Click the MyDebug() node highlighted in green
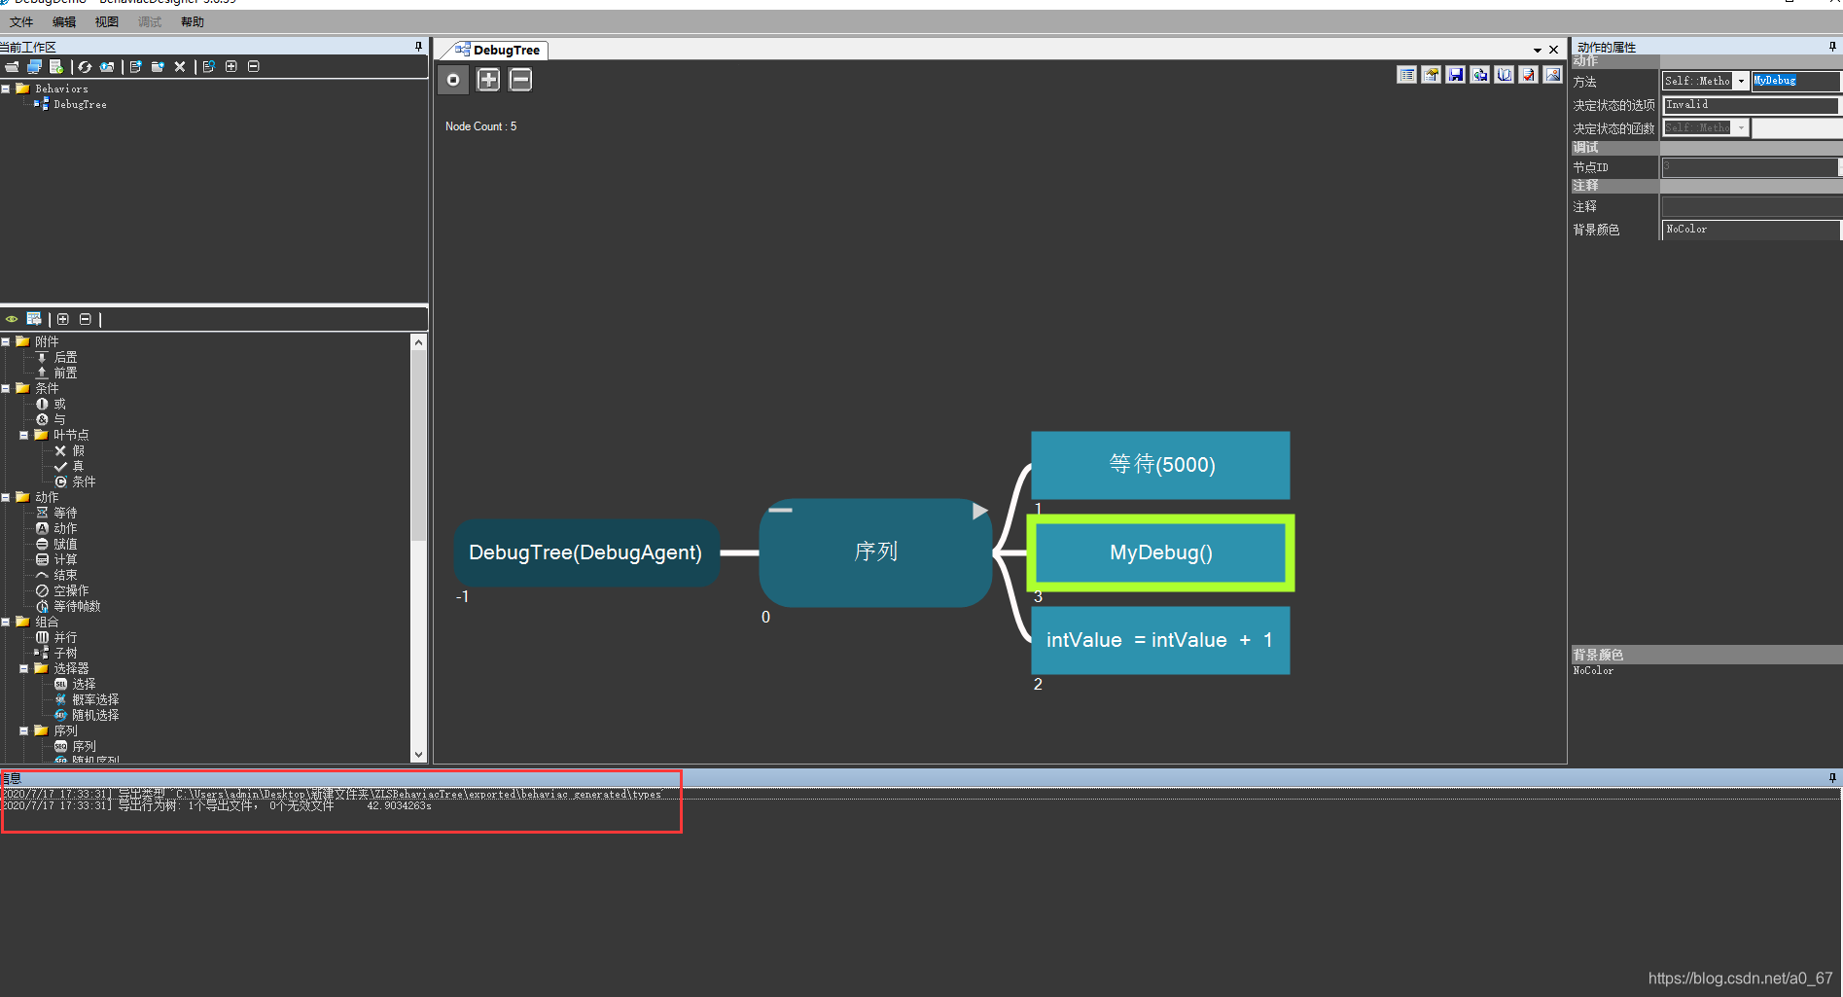point(1160,552)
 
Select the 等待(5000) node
point(1160,465)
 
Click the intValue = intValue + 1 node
point(1160,640)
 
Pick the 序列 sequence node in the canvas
point(875,552)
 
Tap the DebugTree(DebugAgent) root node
point(585,552)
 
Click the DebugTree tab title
point(506,51)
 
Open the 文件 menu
point(21,22)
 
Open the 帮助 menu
point(193,22)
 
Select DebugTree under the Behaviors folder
point(80,104)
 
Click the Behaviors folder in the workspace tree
point(61,89)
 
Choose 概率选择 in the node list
point(95,699)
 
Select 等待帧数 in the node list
point(77,606)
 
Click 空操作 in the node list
point(71,590)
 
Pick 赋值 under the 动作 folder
point(65,544)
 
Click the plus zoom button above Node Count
point(488,80)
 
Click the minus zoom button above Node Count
point(520,80)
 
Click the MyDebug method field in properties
point(1794,81)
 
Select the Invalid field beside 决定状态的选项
point(1750,105)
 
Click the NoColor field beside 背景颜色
point(1750,230)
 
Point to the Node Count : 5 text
point(480,126)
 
